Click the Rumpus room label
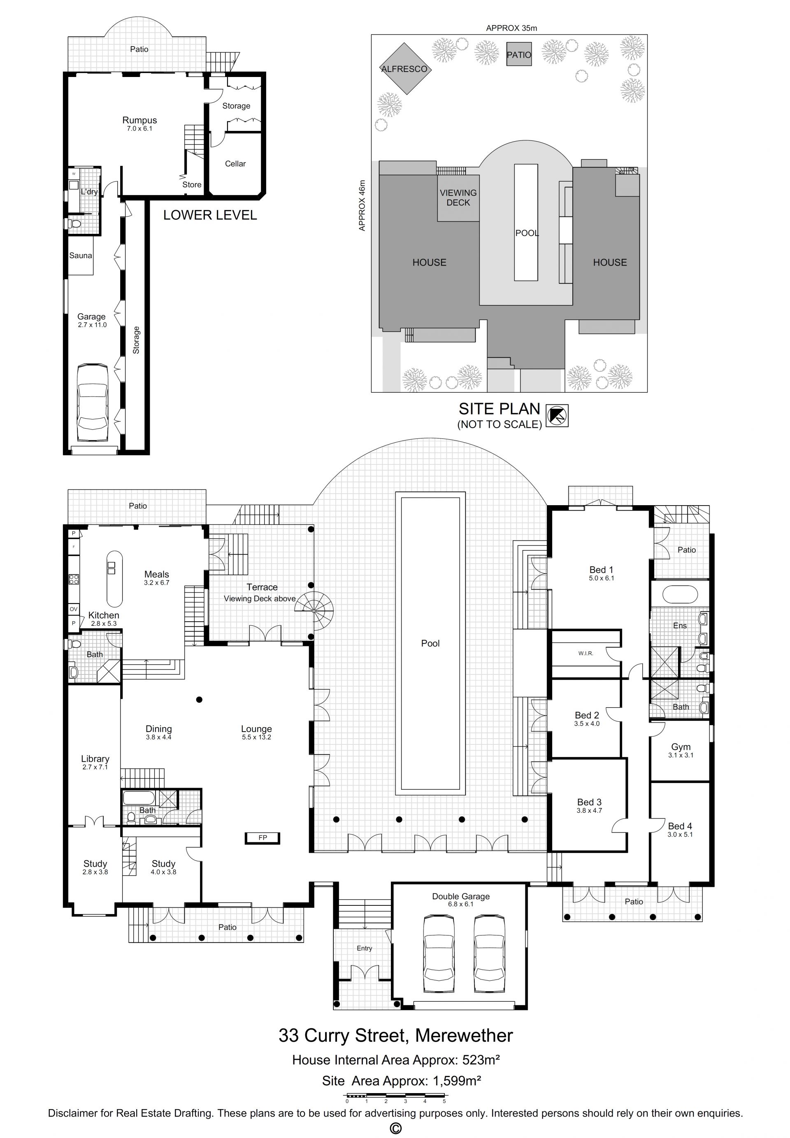[139, 120]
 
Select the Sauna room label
[81, 256]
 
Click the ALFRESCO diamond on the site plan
[405, 69]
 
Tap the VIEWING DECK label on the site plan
[458, 198]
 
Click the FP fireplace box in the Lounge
[263, 838]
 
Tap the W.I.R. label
[586, 653]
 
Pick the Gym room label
[681, 747]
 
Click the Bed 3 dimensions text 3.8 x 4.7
[589, 811]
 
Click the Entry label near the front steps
[364, 948]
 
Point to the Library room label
[95, 759]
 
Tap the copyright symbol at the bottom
[395, 1128]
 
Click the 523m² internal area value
[481, 1059]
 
